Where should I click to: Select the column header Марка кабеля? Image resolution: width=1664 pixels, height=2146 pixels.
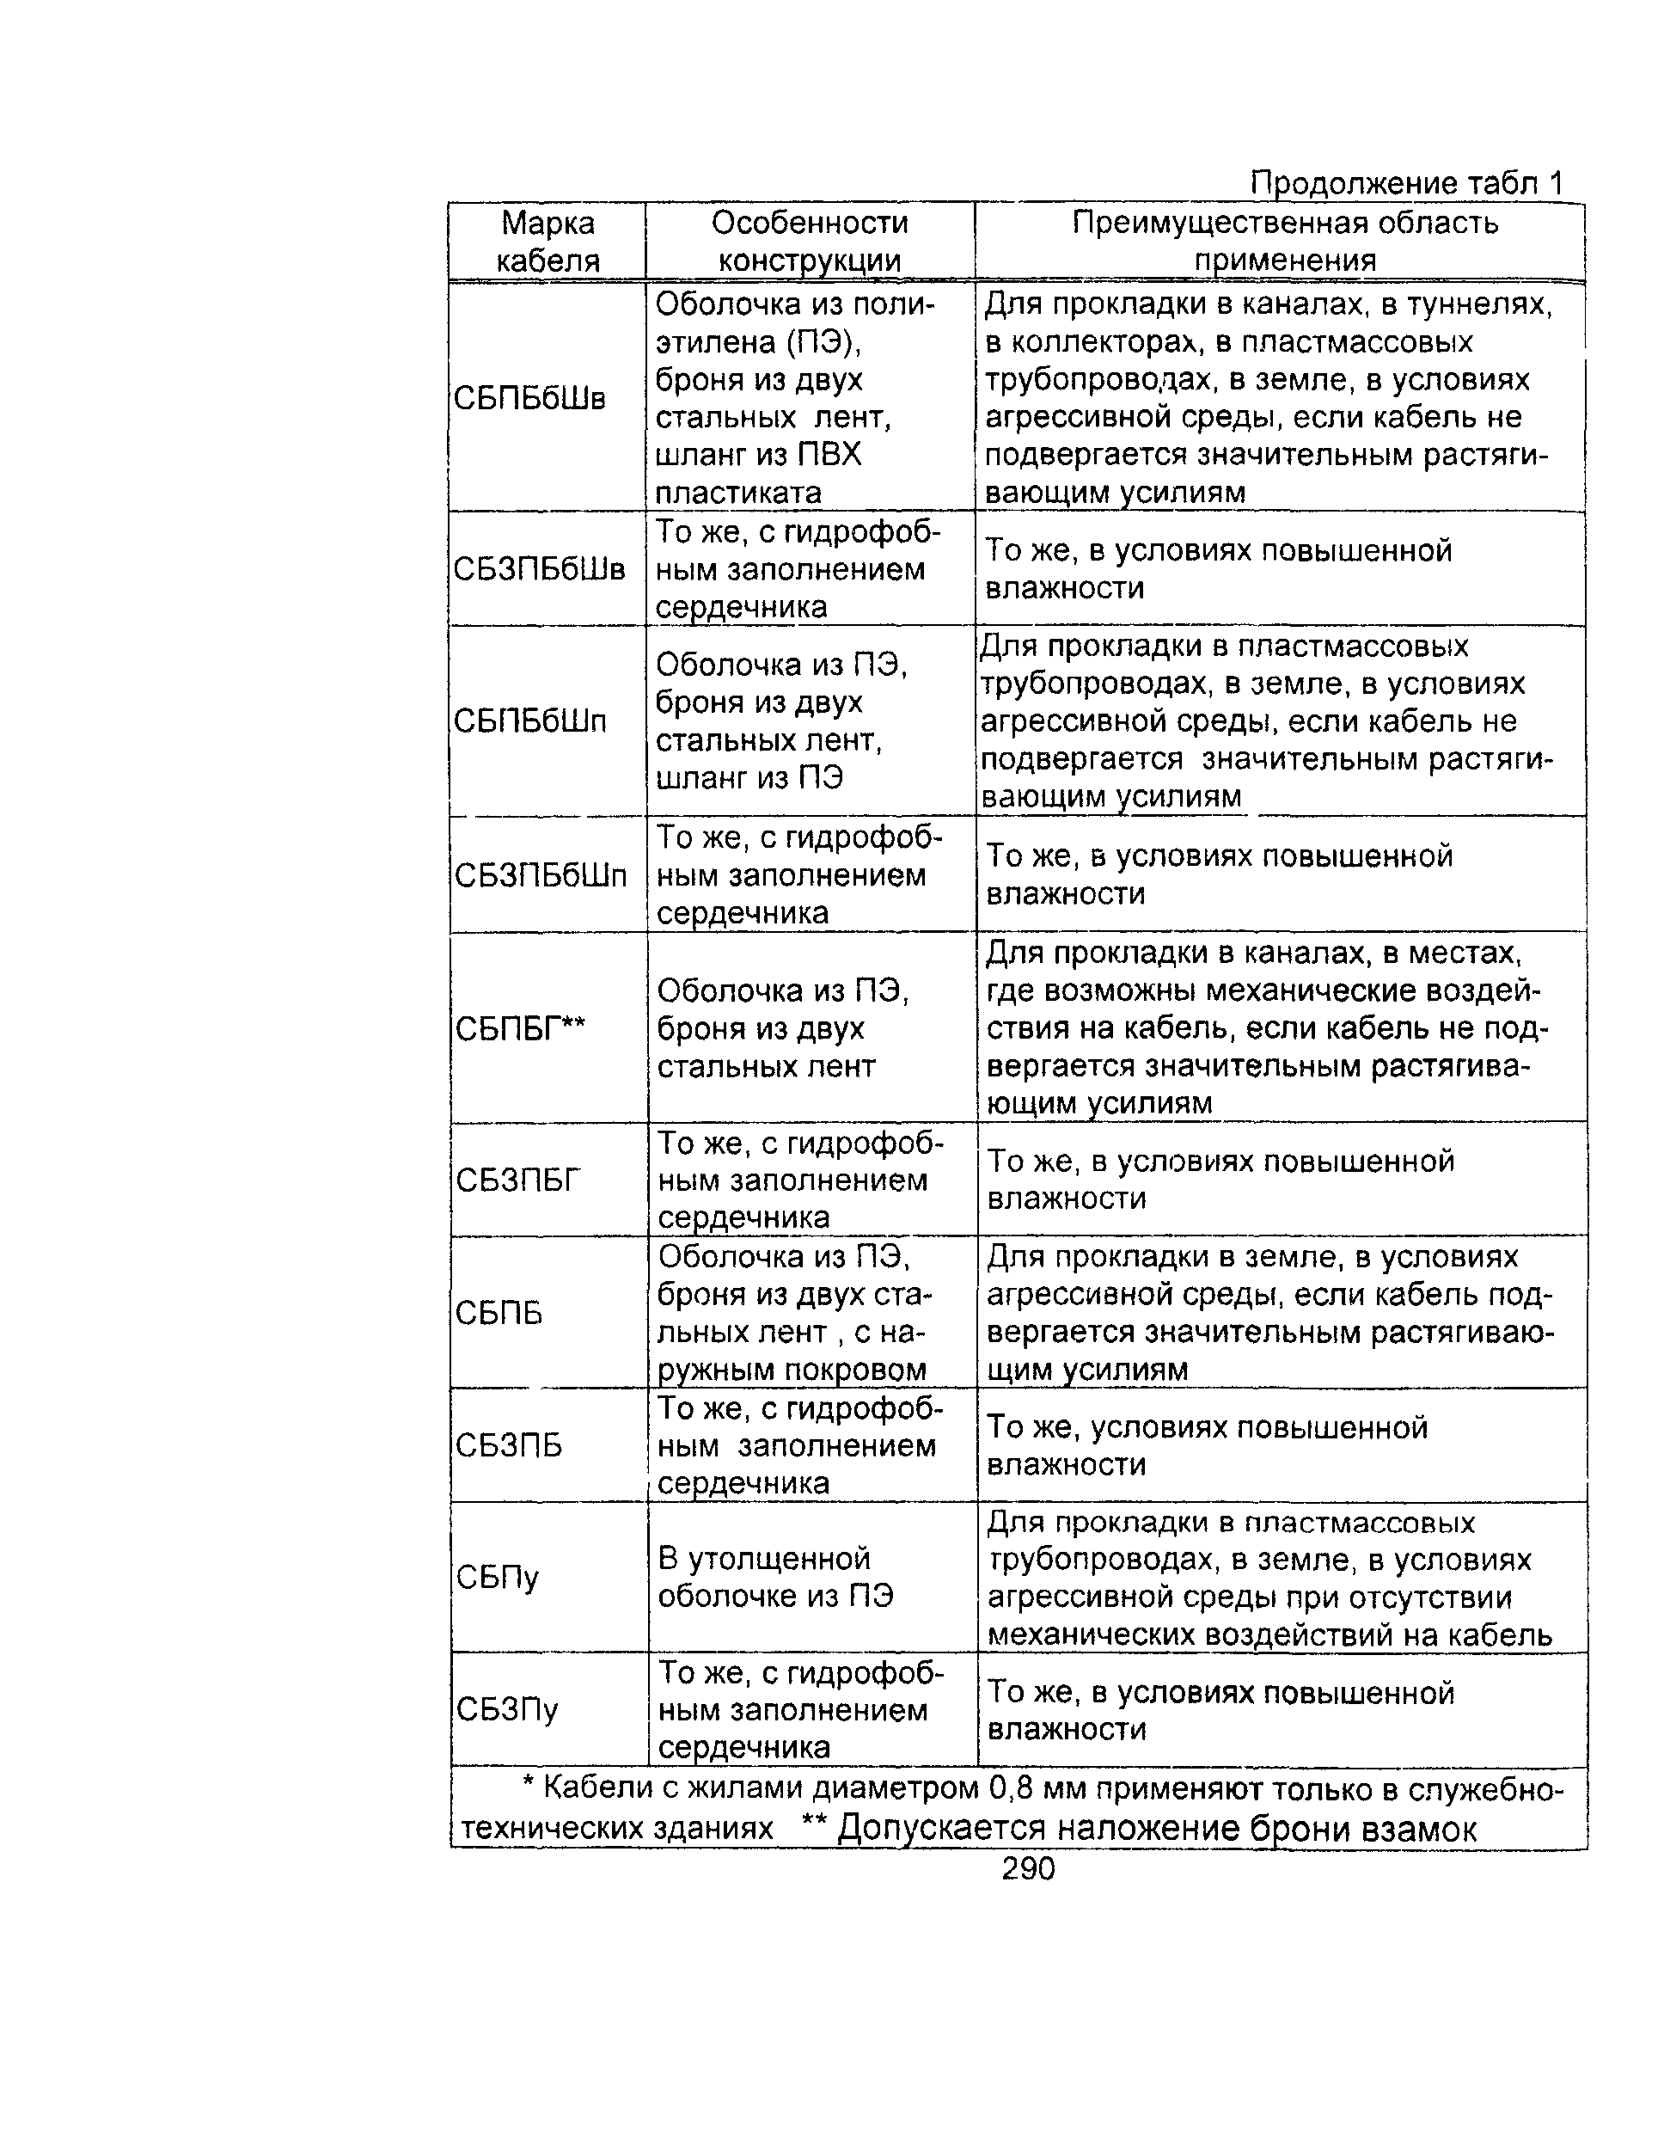pyautogui.click(x=548, y=242)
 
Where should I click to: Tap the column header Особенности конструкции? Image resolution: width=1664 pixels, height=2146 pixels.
pyautogui.click(x=810, y=242)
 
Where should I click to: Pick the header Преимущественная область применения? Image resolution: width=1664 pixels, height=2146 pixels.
pyautogui.click(x=1285, y=242)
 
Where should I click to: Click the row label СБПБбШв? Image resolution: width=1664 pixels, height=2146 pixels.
pyautogui.click(x=529, y=398)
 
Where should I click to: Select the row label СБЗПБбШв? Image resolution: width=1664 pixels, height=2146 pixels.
pyautogui.click(x=538, y=569)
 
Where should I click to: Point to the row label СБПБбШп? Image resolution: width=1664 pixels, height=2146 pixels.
pyautogui.click(x=530, y=721)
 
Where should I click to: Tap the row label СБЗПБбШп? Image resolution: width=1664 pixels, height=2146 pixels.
pyautogui.click(x=541, y=874)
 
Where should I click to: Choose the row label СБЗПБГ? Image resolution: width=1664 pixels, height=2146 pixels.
pyautogui.click(x=518, y=1179)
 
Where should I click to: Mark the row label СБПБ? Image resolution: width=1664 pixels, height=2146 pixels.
pyautogui.click(x=499, y=1313)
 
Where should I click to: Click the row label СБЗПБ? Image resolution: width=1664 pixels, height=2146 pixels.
pyautogui.click(x=509, y=1445)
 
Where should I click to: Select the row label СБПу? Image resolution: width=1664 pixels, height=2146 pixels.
pyautogui.click(x=498, y=1578)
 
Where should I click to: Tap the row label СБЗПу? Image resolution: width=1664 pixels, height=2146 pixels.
pyautogui.click(x=508, y=1711)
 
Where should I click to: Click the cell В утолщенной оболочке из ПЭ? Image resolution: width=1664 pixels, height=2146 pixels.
pyautogui.click(x=775, y=1577)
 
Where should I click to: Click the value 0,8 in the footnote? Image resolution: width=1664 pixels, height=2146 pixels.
pyautogui.click(x=1011, y=1787)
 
